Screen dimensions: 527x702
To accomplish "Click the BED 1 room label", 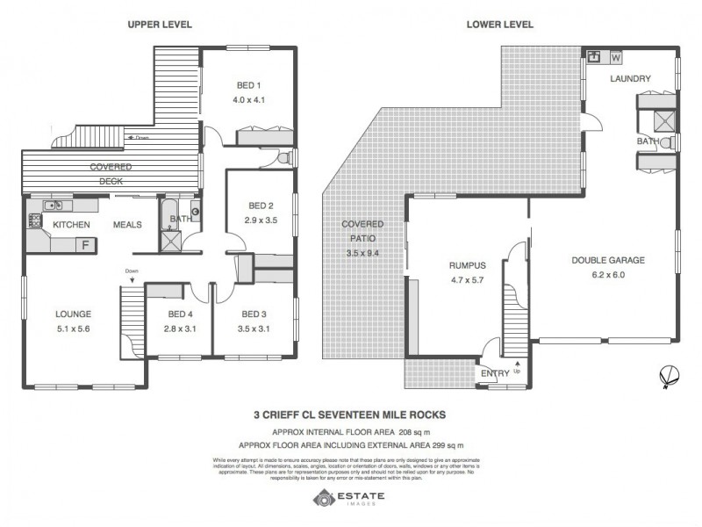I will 248,85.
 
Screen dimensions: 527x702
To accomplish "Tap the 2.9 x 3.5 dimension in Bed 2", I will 260,220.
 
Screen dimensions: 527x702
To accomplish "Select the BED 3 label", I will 254,314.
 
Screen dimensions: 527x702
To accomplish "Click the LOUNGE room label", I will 73,314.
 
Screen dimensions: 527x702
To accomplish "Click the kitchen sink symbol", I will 53,206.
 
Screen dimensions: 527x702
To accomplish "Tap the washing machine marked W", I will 615,58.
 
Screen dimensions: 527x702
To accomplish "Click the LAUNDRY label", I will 631,79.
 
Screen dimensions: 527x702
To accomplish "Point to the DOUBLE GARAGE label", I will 608,260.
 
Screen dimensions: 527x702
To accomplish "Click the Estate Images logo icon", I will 322,500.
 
